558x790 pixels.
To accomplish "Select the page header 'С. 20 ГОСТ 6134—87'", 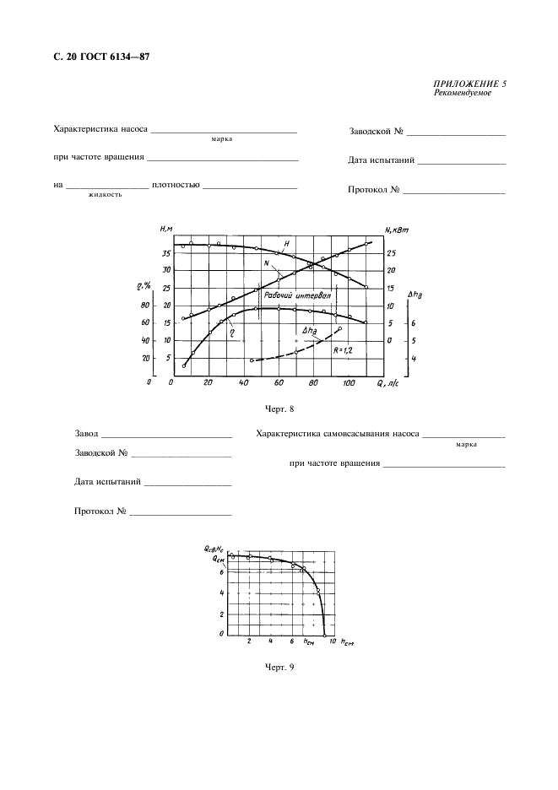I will pyautogui.click(x=100, y=57).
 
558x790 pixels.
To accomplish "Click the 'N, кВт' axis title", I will pyautogui.click(x=396, y=230).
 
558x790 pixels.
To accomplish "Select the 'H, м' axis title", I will pyautogui.click(x=165, y=230).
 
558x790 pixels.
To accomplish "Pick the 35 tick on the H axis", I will pyautogui.click(x=166, y=253).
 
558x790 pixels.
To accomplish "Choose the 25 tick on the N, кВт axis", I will pyautogui.click(x=390, y=253).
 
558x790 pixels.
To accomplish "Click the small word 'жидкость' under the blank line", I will pyautogui.click(x=105, y=194).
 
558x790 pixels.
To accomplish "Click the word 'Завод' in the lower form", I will pyautogui.click(x=86, y=435).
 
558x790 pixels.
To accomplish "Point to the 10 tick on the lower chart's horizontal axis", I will pyautogui.click(x=322, y=642).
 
